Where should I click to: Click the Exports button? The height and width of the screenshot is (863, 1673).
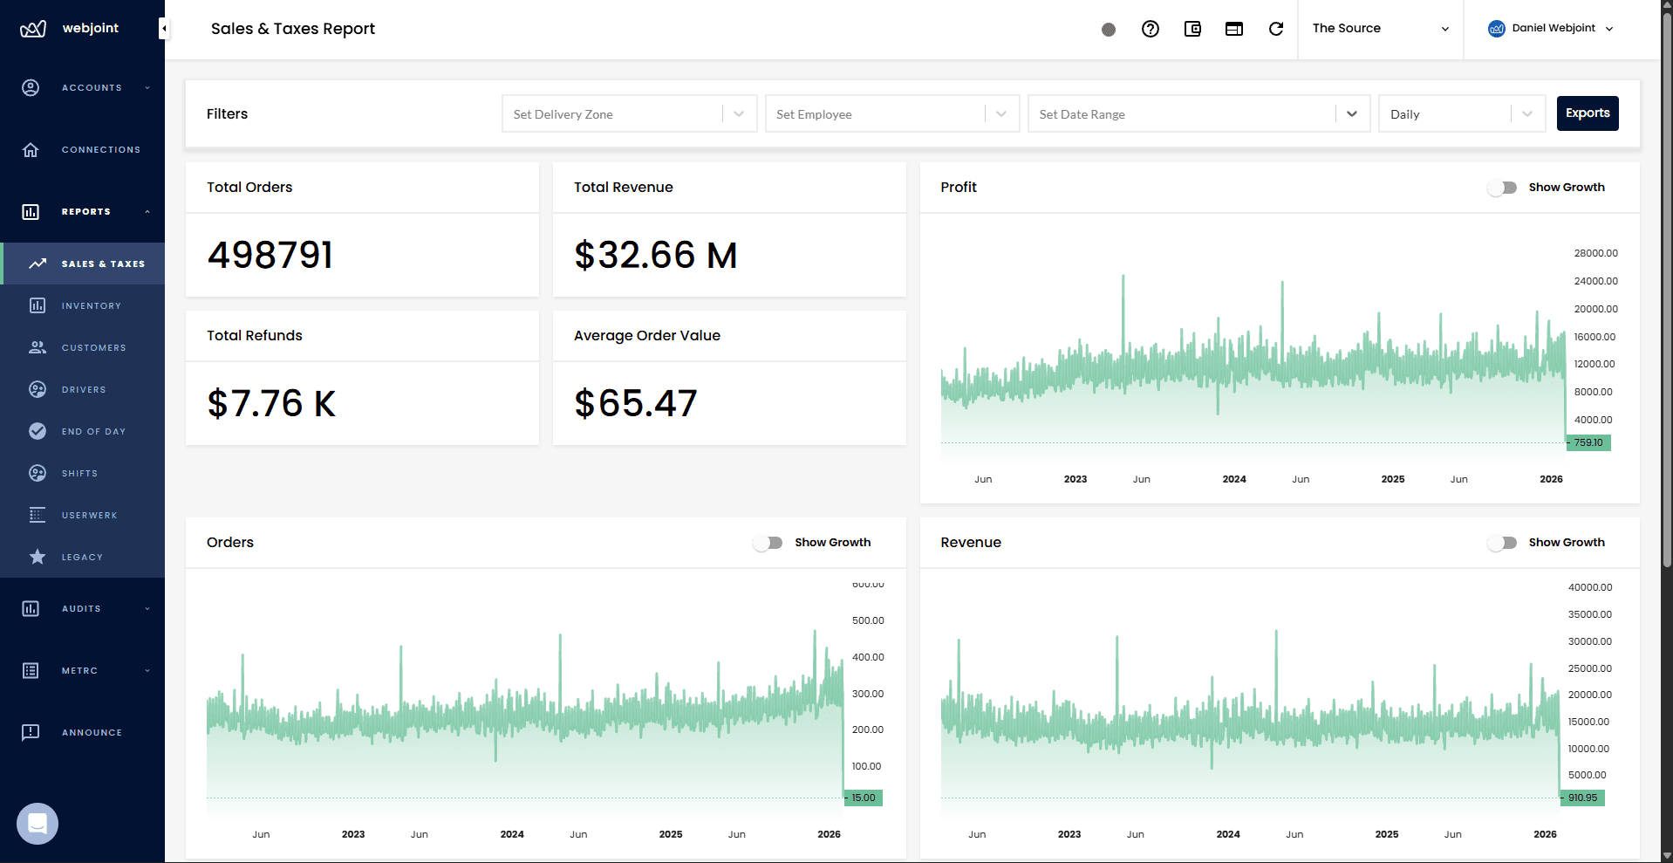[x=1587, y=113]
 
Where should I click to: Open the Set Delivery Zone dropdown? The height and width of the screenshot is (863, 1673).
[x=628, y=114]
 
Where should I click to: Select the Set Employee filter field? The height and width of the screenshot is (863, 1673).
[x=890, y=114]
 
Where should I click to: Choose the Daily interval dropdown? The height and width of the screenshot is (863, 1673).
[x=1461, y=114]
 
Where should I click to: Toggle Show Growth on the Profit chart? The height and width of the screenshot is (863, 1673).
[x=1503, y=188]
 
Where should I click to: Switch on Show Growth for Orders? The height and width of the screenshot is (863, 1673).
[x=768, y=543]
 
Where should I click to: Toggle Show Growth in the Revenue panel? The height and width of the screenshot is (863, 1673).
[x=1503, y=543]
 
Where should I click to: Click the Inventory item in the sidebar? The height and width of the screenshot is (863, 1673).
[x=91, y=306]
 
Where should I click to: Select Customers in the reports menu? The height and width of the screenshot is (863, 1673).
[x=93, y=348]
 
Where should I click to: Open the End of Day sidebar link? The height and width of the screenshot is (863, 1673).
[x=93, y=432]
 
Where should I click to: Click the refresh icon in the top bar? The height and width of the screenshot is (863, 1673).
[x=1275, y=29]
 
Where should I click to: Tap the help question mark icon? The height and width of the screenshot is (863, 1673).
[x=1150, y=29]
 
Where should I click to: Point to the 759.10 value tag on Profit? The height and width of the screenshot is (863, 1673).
[x=1589, y=443]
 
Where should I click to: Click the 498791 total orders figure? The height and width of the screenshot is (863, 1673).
[x=270, y=256]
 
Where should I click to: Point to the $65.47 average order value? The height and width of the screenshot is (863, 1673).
[x=635, y=404]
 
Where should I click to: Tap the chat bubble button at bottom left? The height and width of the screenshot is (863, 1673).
[x=38, y=824]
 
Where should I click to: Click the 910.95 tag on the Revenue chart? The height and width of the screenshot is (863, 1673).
[x=1583, y=798]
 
